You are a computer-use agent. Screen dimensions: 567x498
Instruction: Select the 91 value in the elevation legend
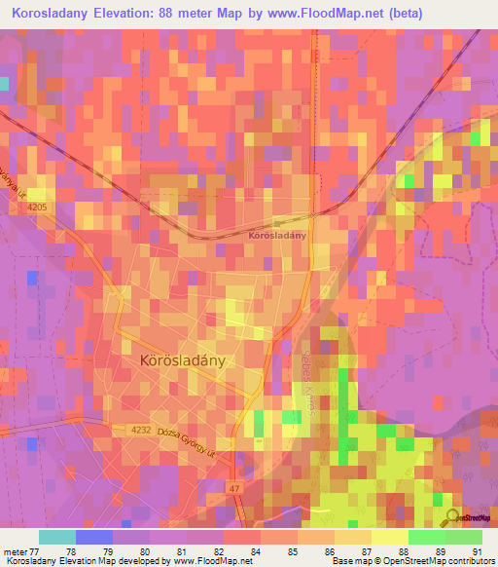[x=476, y=550]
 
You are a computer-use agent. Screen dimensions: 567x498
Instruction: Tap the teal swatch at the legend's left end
[x=57, y=537]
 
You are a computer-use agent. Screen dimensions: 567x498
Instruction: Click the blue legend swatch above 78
[x=94, y=537]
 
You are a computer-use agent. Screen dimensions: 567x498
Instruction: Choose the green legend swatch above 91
[x=464, y=537]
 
